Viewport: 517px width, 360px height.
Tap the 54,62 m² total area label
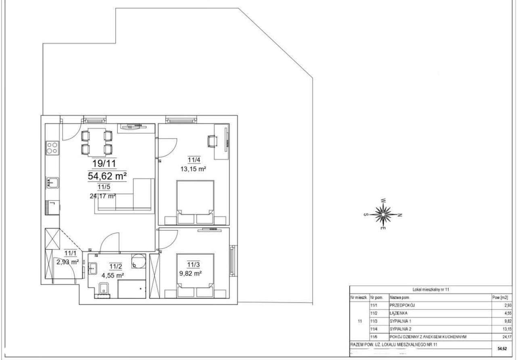108,176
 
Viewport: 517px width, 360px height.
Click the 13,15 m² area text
193,170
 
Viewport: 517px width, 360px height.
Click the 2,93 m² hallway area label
67,262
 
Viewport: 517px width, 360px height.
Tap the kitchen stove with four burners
52,148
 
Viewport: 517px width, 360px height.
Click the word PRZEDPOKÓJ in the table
402,306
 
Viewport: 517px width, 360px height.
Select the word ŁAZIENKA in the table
398,313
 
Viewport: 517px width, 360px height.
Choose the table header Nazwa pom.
399,297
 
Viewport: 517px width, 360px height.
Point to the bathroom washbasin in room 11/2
92,268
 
